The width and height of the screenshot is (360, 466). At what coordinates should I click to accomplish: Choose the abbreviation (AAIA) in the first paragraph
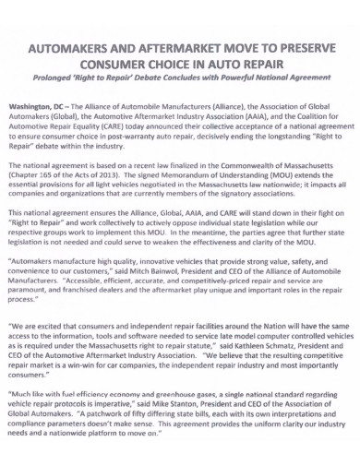tap(242, 117)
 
